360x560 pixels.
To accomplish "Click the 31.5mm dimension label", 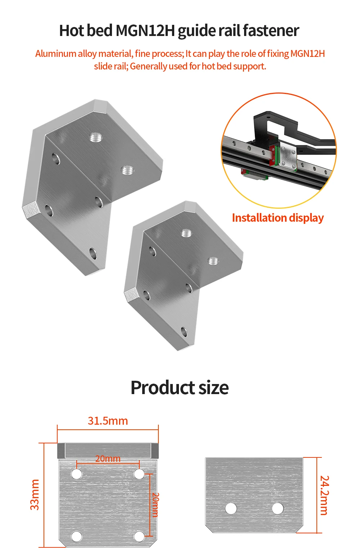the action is pyautogui.click(x=108, y=421).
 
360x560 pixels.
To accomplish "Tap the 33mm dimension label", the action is pyautogui.click(x=35, y=495).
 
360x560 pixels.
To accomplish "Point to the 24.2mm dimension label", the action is pyautogui.click(x=324, y=495).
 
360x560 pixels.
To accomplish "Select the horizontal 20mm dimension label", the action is pyautogui.click(x=108, y=459).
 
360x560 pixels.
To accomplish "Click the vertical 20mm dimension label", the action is pyautogui.click(x=155, y=505).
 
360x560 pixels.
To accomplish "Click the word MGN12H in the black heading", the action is pyautogui.click(x=145, y=31).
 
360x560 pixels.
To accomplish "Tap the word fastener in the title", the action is pyautogui.click(x=271, y=31).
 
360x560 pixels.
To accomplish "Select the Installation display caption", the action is pyautogui.click(x=278, y=218).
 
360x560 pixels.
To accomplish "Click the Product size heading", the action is pyautogui.click(x=180, y=388).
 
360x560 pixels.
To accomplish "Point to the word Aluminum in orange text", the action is pyautogui.click(x=55, y=54).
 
